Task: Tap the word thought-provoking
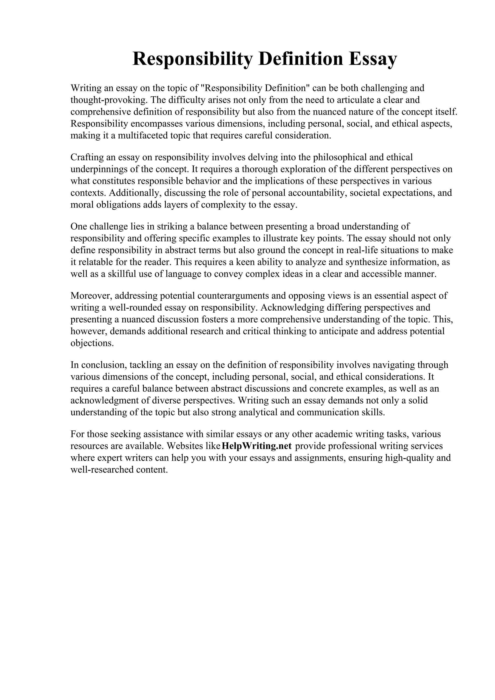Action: [x=109, y=100]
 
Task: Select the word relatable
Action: [x=95, y=262]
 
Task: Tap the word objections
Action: [x=92, y=343]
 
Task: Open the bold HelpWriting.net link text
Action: [x=257, y=446]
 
